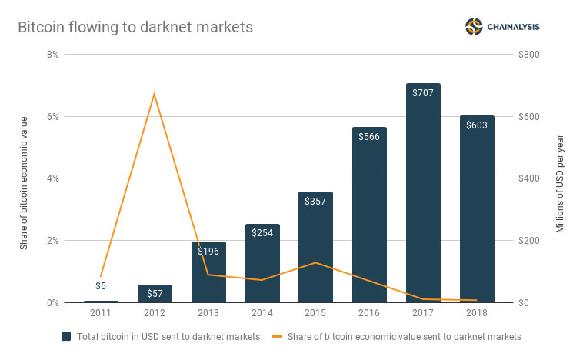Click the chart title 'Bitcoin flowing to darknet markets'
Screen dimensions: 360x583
(135, 27)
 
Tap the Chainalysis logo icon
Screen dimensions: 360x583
(474, 27)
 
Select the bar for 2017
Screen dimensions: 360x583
(423, 192)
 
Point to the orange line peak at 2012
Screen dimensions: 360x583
(155, 94)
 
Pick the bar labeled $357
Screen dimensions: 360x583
(315, 246)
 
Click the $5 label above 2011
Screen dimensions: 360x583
(101, 285)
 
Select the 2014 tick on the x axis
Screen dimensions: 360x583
(262, 314)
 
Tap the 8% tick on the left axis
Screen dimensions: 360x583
(52, 55)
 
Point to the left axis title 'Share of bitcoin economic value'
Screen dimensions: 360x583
(24, 182)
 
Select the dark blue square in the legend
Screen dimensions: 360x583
(66, 336)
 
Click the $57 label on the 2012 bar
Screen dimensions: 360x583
(155, 294)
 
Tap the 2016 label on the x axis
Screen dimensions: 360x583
(369, 314)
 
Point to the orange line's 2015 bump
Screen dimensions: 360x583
(315, 263)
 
